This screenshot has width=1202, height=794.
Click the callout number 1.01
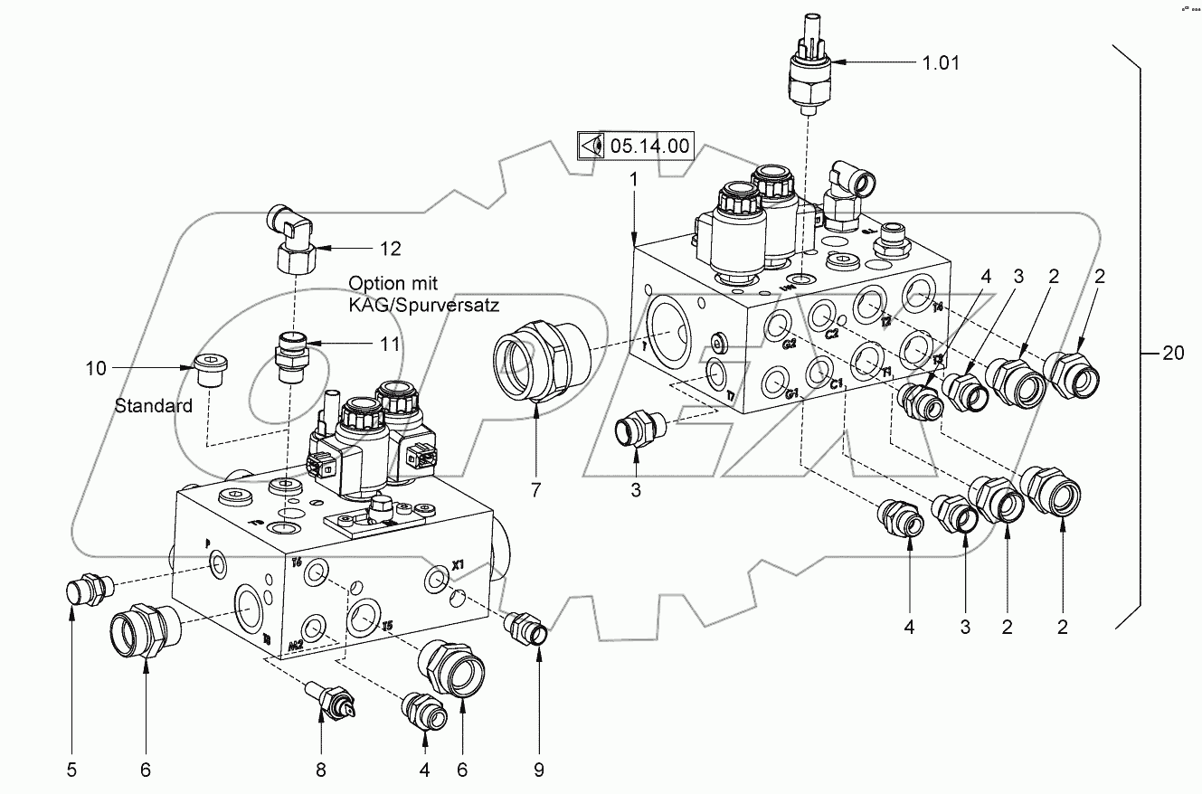(x=941, y=63)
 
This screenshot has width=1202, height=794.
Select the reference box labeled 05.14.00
(x=635, y=145)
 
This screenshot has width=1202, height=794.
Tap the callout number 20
(x=1172, y=354)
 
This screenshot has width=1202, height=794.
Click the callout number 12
(x=390, y=249)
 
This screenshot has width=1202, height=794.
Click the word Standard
(x=154, y=406)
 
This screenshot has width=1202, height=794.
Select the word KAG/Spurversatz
(x=425, y=306)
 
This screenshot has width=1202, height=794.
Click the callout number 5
(x=71, y=770)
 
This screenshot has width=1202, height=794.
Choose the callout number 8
(x=320, y=770)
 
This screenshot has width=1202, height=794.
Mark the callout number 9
(x=538, y=770)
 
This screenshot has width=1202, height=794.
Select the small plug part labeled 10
(x=211, y=370)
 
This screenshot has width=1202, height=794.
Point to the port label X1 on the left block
(x=457, y=565)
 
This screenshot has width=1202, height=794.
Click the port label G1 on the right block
(x=793, y=394)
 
